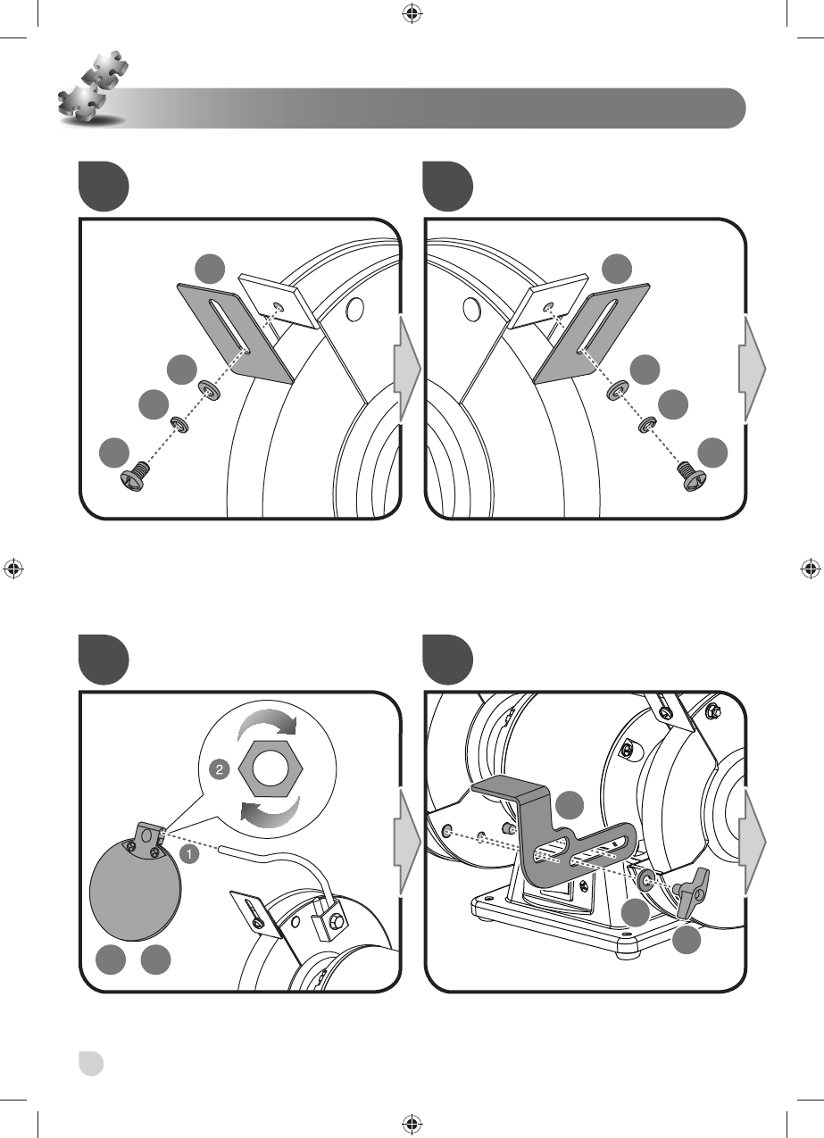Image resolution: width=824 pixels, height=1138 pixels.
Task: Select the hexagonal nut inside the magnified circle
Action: pyautogui.click(x=269, y=765)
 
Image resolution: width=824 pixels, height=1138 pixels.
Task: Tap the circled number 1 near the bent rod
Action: pyautogui.click(x=189, y=854)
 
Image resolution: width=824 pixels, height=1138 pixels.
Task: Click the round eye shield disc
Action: pyautogui.click(x=137, y=893)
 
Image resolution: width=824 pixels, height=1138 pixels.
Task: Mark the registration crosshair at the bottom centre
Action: pyautogui.click(x=412, y=1123)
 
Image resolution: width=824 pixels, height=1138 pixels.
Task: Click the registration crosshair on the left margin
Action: pyautogui.click(x=14, y=568)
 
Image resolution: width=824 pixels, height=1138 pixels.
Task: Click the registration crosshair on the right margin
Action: pyautogui.click(x=809, y=568)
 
